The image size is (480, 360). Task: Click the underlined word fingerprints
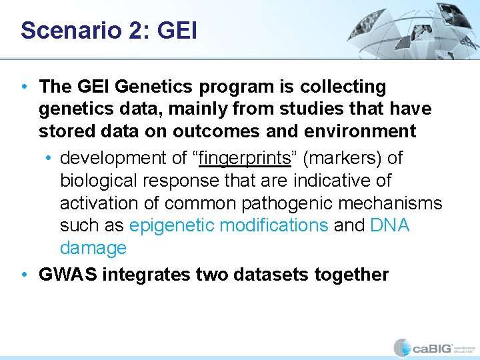[245, 159]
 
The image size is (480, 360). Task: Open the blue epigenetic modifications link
[229, 225]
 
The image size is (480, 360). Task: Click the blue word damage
[93, 248]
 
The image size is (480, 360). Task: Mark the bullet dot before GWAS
[24, 275]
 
